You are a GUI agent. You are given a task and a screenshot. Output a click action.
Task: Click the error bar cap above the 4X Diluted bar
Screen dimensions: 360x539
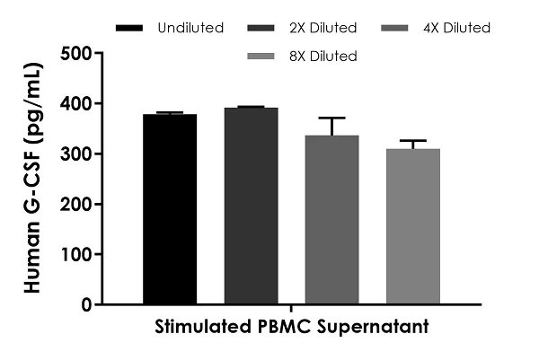(x=331, y=118)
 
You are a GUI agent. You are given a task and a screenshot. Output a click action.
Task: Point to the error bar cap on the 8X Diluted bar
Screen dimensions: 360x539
(x=413, y=141)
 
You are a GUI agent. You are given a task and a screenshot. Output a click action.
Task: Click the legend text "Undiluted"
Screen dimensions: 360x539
(x=190, y=28)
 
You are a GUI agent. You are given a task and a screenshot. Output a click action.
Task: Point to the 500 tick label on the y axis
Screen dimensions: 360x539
(x=75, y=54)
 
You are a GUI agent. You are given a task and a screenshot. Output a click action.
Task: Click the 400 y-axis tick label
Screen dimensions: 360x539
(x=75, y=104)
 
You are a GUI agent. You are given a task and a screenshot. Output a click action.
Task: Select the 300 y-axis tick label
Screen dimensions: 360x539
(x=75, y=154)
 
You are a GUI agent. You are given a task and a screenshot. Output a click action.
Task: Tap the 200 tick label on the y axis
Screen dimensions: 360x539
(x=75, y=205)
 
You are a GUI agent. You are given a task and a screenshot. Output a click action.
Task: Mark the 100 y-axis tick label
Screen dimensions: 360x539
(x=75, y=255)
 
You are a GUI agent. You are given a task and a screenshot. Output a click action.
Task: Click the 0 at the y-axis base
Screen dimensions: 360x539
(x=86, y=305)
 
